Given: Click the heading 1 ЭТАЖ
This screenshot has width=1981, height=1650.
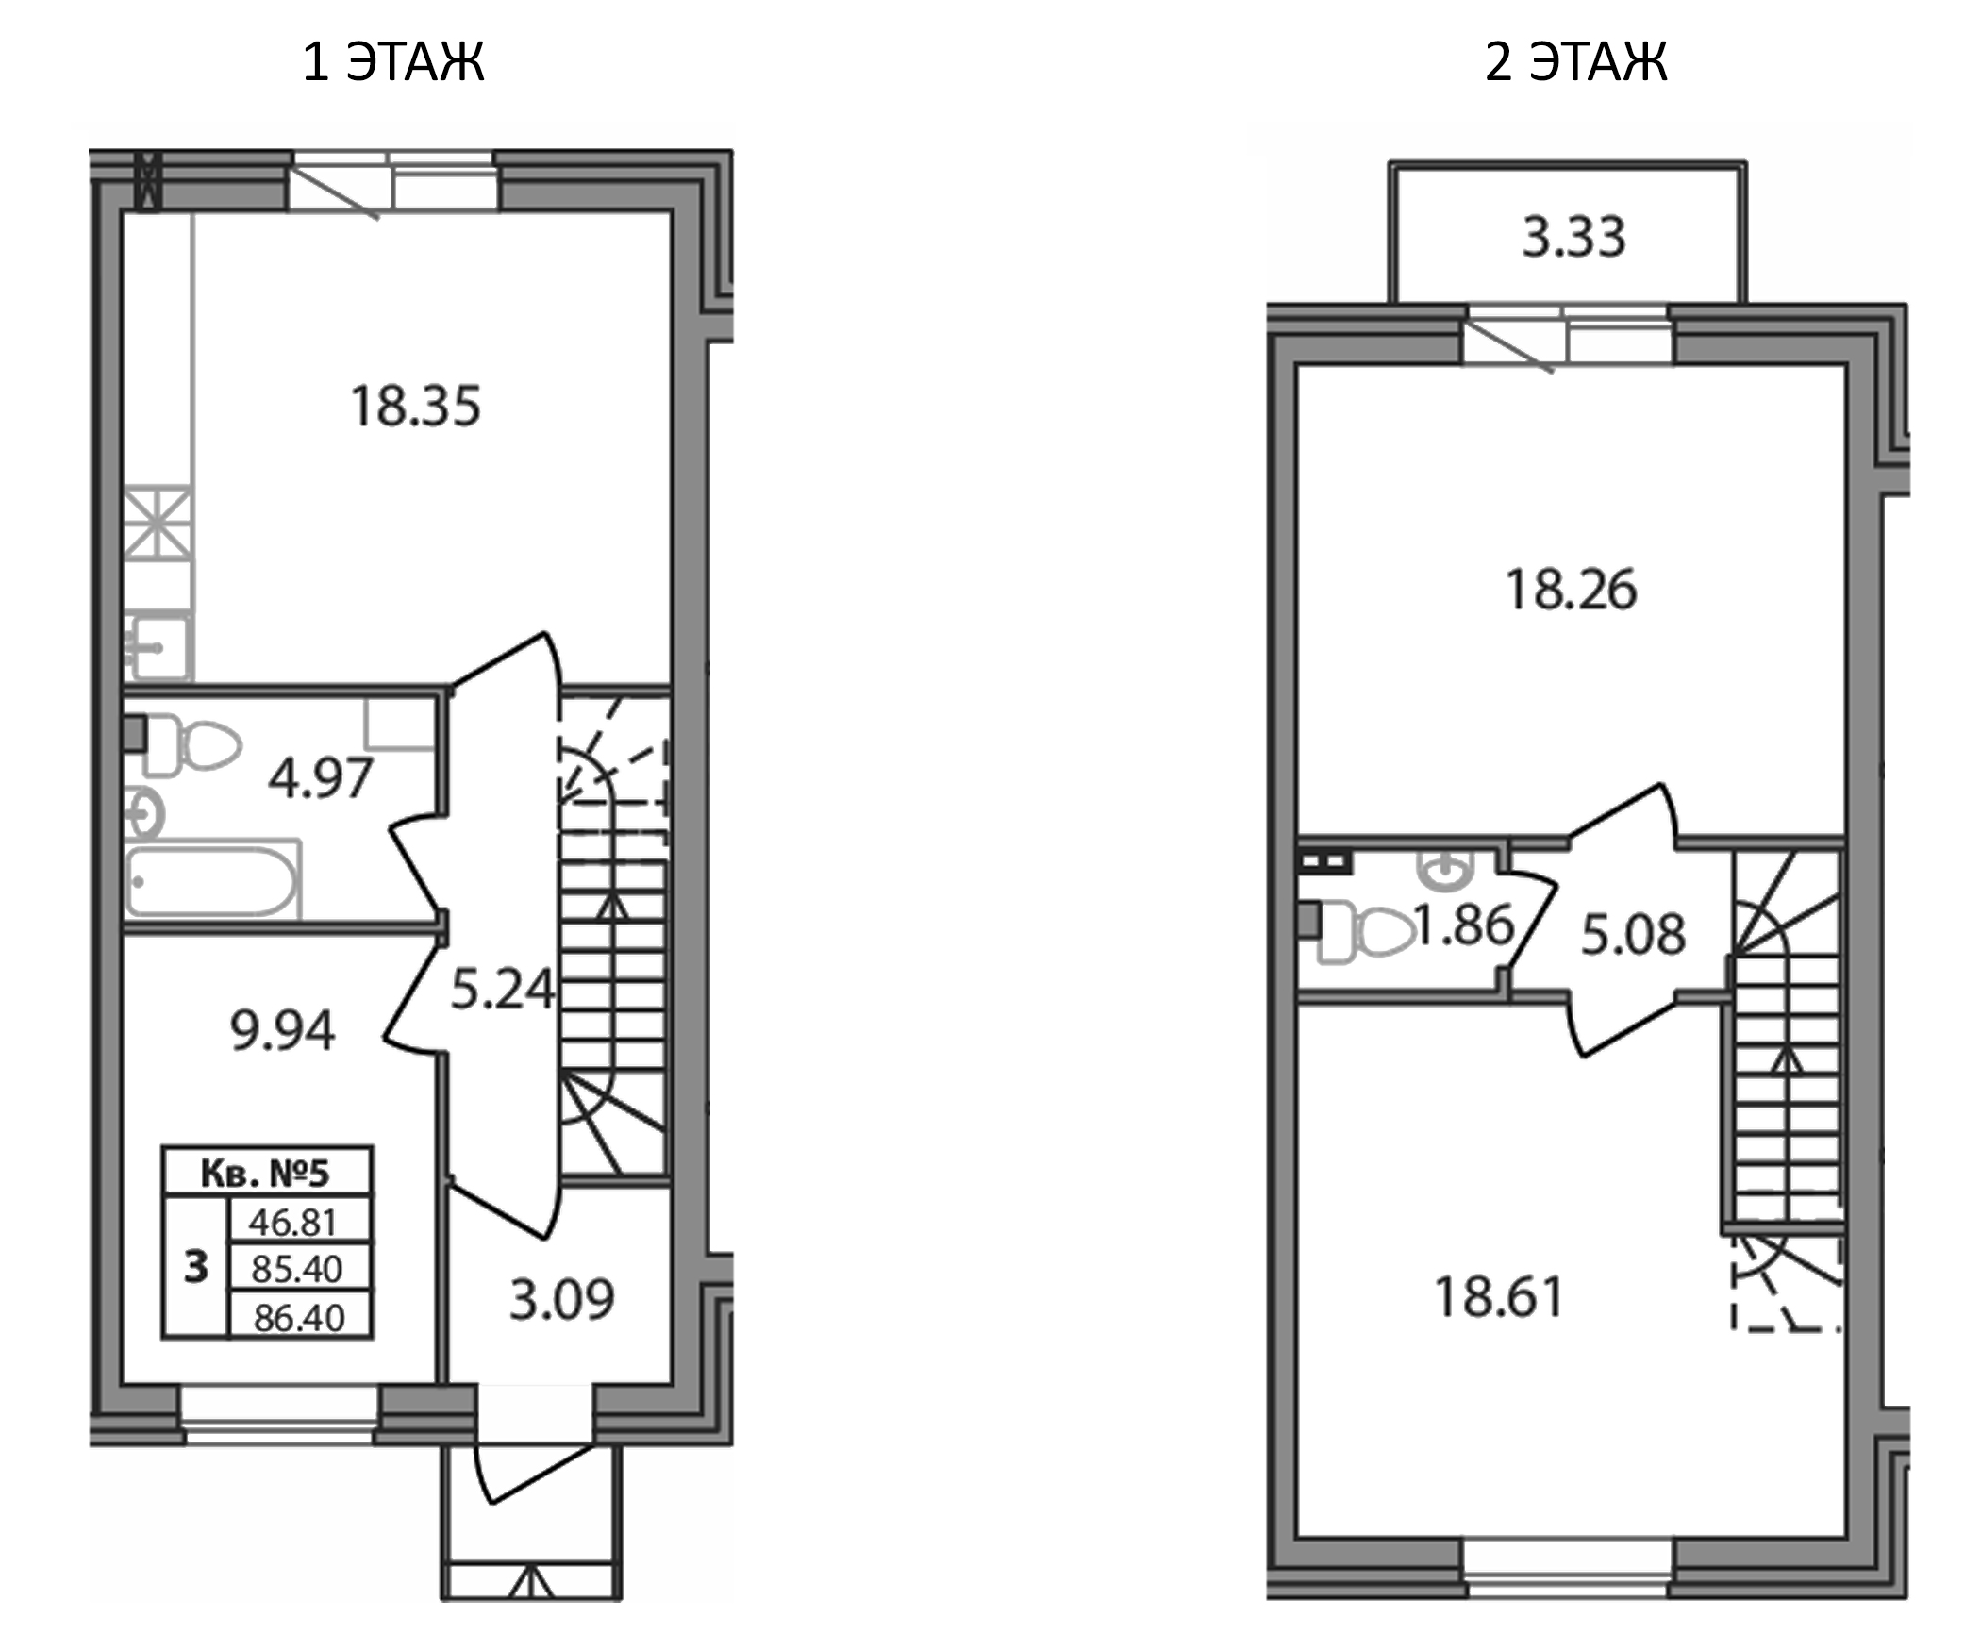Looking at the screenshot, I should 393,63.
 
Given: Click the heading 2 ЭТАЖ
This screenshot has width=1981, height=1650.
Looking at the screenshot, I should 1576,63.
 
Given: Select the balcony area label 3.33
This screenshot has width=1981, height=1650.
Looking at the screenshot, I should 1573,238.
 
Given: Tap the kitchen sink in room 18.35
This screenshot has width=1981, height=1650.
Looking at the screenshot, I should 160,646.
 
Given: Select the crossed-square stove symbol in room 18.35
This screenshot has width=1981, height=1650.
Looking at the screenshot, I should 158,523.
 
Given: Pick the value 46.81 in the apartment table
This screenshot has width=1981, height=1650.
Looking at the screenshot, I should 293,1223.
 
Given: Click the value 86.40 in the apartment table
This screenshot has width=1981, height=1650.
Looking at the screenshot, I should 299,1318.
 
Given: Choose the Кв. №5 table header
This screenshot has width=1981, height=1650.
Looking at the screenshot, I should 266,1174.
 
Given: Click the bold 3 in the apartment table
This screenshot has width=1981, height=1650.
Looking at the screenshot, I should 195,1267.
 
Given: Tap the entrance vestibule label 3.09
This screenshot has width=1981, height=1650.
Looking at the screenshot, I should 562,1300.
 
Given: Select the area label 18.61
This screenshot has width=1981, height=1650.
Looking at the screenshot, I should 1499,1297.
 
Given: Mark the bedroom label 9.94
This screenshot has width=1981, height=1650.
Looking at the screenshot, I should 282,1031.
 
